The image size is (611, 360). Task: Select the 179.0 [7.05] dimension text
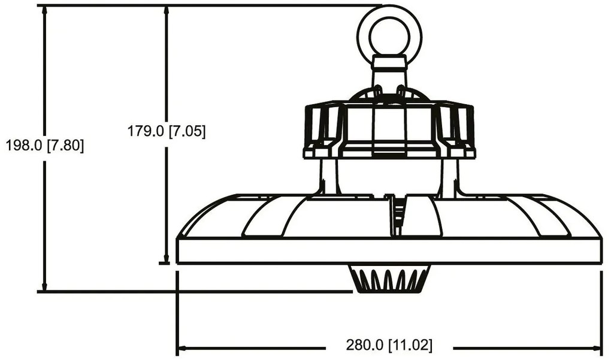[x=167, y=131]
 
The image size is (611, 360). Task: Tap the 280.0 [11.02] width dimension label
[x=389, y=346]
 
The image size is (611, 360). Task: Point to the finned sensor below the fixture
[x=389, y=280]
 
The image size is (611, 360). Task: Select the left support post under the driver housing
[x=328, y=177]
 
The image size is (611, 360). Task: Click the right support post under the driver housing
[x=450, y=177]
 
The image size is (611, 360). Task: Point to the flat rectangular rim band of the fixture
[x=389, y=251]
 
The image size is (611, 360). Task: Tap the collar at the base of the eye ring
[x=389, y=63]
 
